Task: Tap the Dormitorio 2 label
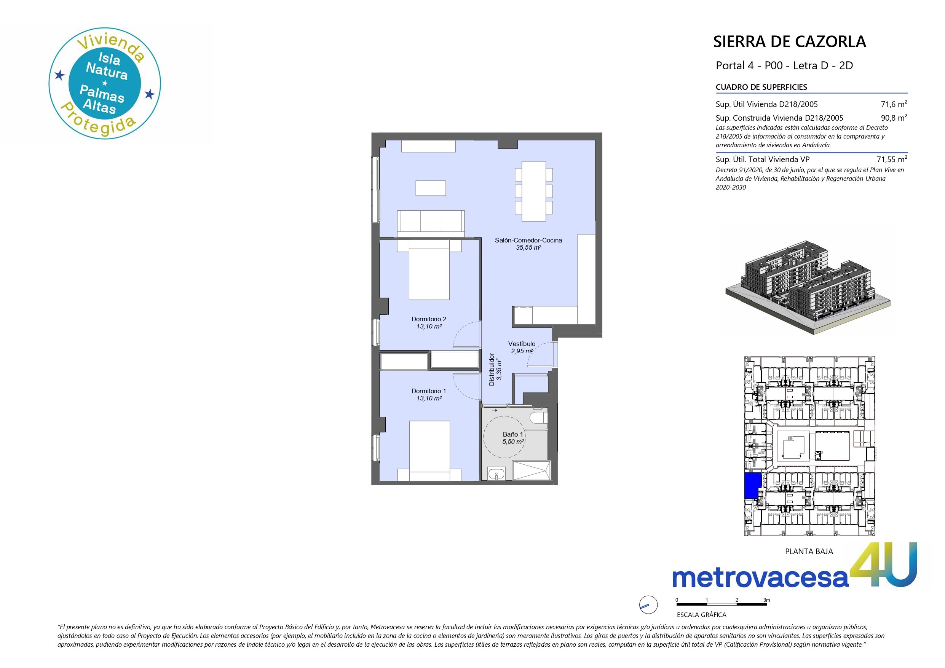coord(429,319)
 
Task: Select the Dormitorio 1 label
coord(429,391)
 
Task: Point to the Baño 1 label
coord(513,434)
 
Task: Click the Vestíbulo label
coord(522,344)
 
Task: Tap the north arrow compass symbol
coord(648,605)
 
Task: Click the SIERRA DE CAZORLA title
coord(789,42)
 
